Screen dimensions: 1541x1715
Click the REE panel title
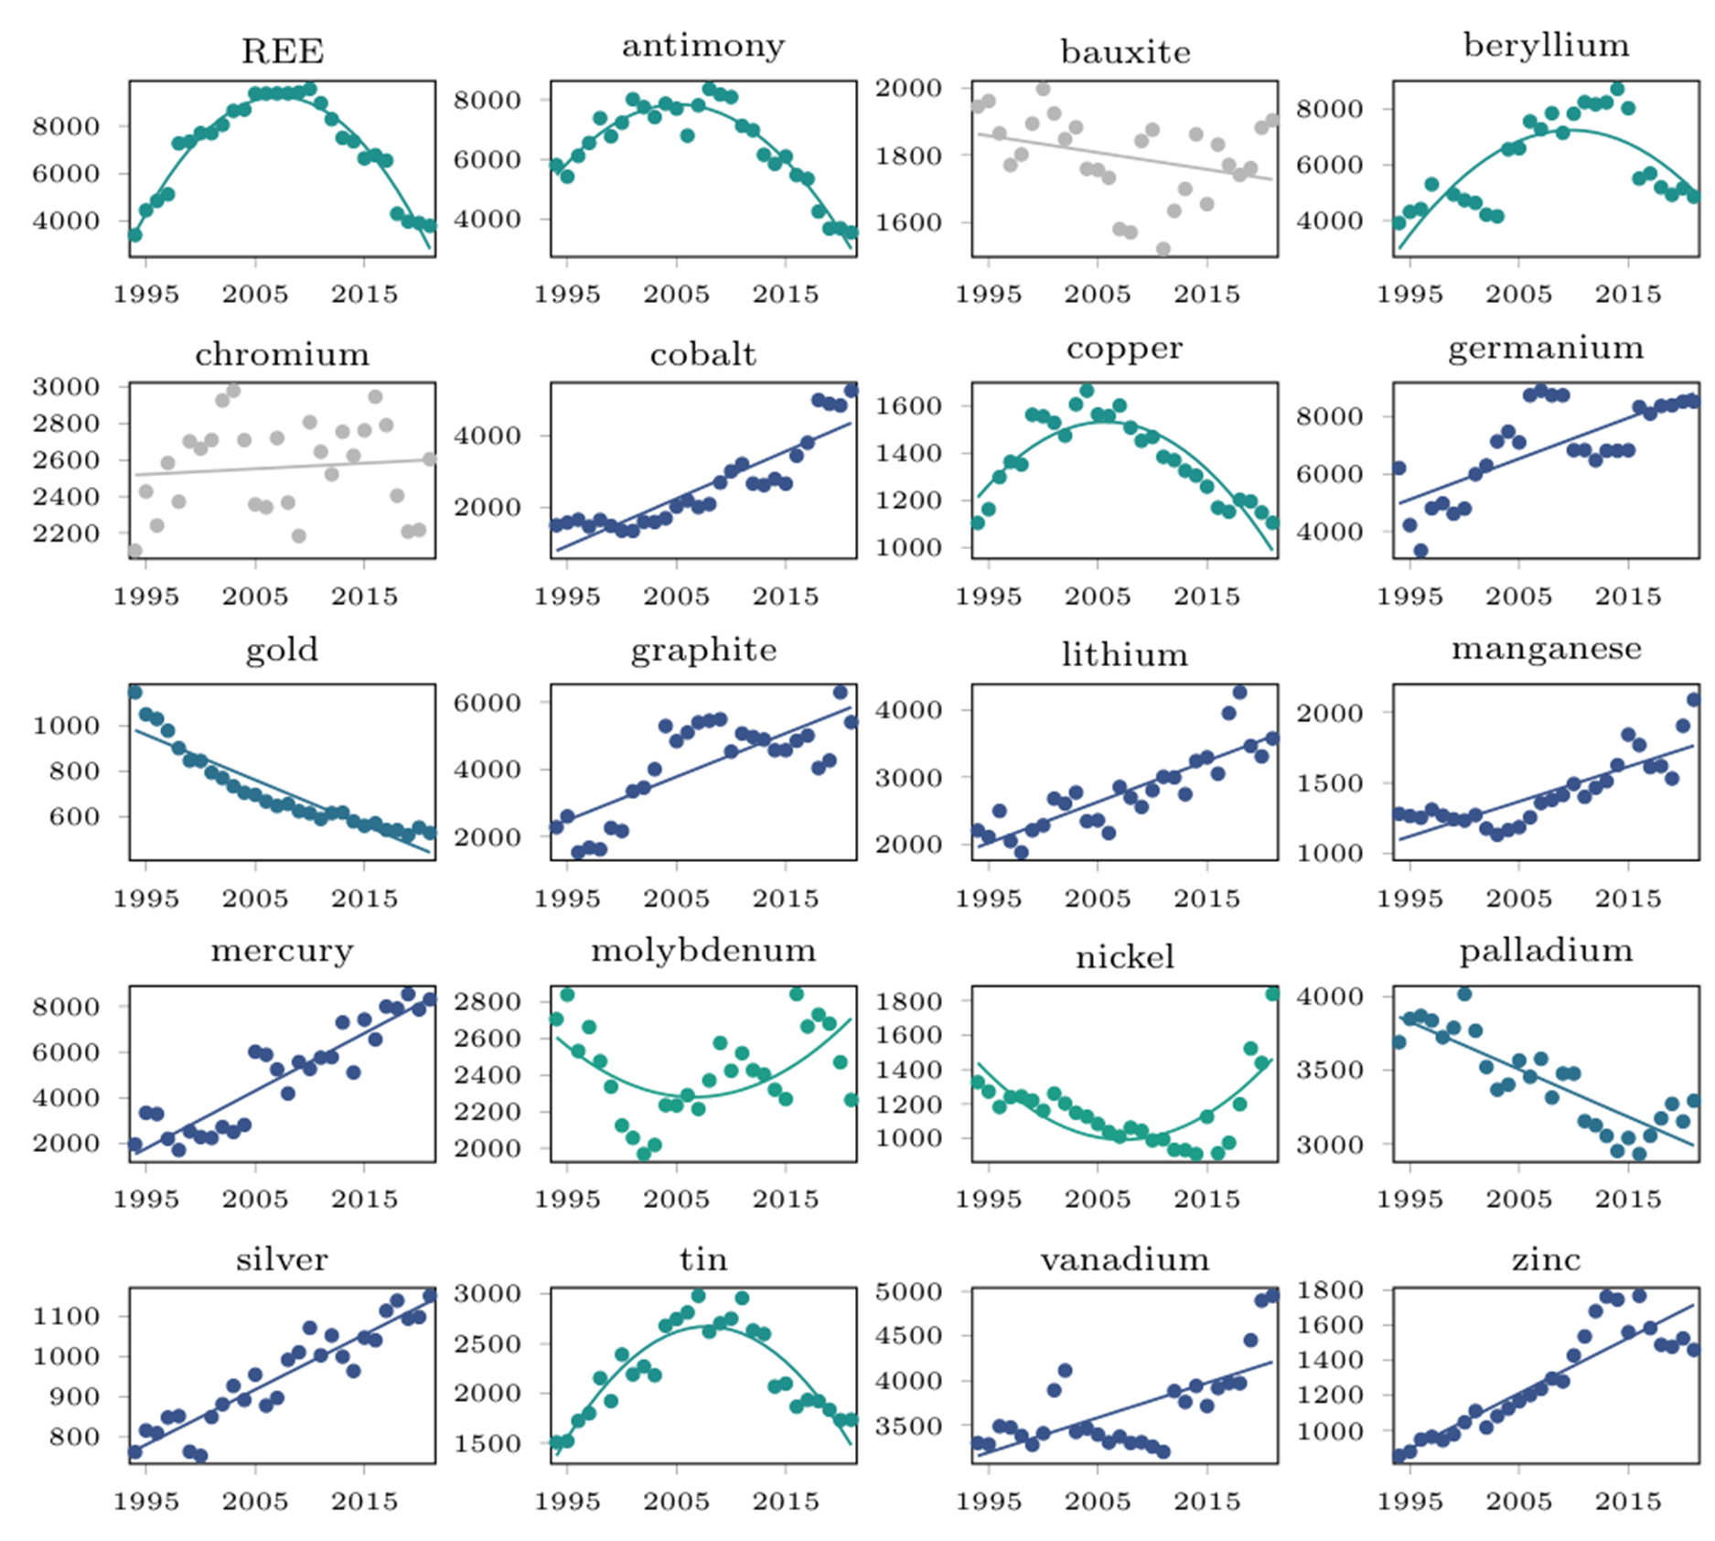pos(282,51)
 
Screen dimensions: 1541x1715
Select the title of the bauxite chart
pos(1125,52)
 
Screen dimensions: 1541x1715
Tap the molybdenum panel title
pos(703,951)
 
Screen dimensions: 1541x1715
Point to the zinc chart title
pos(1546,1260)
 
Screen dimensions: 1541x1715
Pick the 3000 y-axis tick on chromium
pos(66,386)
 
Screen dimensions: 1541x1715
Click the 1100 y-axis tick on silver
pos(66,1316)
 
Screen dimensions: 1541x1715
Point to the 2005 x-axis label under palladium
pos(1518,1199)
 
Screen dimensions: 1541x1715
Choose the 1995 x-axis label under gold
pos(145,898)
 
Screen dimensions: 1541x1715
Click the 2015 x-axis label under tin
pos(785,1501)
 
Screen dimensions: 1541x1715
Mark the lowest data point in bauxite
pos(1163,249)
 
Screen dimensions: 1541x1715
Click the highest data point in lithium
pos(1239,692)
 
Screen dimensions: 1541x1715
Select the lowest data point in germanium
pos(1420,550)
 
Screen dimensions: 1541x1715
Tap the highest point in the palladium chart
pos(1463,994)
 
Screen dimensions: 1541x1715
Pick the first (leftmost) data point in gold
pos(134,692)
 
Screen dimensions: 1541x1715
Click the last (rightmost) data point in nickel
pos(1272,994)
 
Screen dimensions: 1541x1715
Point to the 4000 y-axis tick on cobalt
pos(488,436)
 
